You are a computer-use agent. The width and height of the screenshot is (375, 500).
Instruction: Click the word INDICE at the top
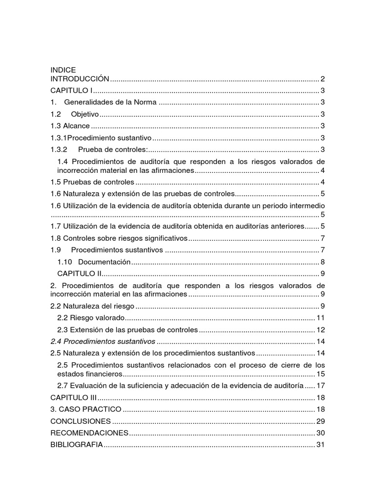pyautogui.click(x=63, y=70)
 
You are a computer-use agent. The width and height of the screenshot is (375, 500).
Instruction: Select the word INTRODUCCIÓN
pyautogui.click(x=80, y=79)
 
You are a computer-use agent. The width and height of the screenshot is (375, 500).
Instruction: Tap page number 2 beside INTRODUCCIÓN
pyautogui.click(x=323, y=79)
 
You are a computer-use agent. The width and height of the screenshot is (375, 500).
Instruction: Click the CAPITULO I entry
pyautogui.click(x=72, y=90)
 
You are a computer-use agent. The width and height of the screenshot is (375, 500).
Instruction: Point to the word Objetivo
pyautogui.click(x=85, y=114)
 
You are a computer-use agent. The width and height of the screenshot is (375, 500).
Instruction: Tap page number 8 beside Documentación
pyautogui.click(x=323, y=262)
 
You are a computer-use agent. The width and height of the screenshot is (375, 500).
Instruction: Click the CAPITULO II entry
pyautogui.click(x=79, y=273)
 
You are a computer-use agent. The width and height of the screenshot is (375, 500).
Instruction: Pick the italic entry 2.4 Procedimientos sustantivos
pyautogui.click(x=103, y=341)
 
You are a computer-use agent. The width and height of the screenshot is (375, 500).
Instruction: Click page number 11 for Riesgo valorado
pyautogui.click(x=321, y=318)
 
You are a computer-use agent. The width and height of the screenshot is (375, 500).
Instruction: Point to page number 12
pyautogui.click(x=321, y=330)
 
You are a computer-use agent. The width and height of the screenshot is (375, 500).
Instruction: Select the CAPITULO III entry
pyautogui.click(x=74, y=397)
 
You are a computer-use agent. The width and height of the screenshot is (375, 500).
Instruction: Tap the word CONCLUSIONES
pyautogui.click(x=81, y=421)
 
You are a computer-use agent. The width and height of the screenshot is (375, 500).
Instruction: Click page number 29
pyautogui.click(x=321, y=421)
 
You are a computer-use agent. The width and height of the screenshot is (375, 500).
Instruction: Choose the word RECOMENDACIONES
pyautogui.click(x=89, y=433)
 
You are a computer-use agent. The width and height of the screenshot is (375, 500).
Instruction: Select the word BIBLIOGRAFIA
pyautogui.click(x=77, y=444)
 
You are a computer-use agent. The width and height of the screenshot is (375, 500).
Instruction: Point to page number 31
pyautogui.click(x=321, y=444)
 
